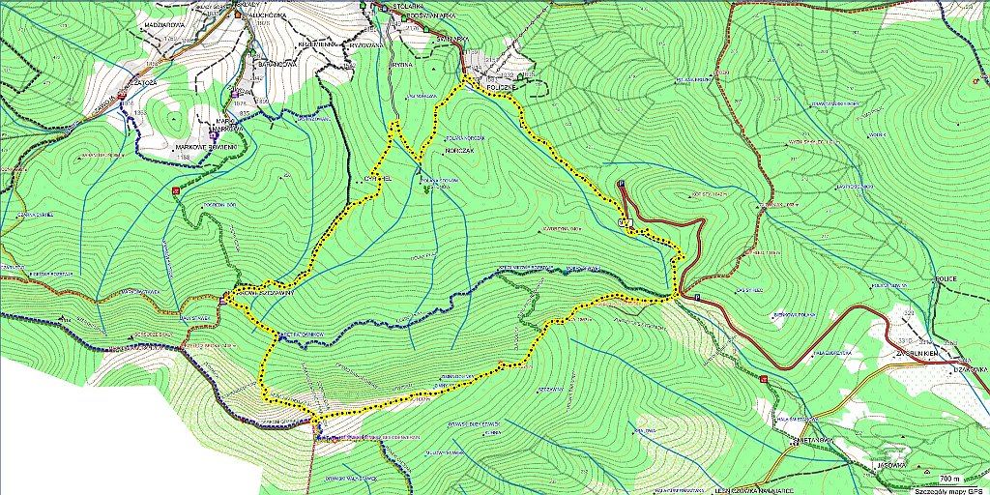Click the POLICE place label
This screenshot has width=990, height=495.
(946, 278)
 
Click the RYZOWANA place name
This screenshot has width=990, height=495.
(367, 44)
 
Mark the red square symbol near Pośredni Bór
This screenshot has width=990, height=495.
(176, 191)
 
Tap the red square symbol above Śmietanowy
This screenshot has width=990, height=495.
(765, 379)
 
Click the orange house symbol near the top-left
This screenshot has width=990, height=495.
(236, 15)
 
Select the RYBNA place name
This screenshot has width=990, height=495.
(403, 65)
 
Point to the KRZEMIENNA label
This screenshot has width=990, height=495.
(317, 44)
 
